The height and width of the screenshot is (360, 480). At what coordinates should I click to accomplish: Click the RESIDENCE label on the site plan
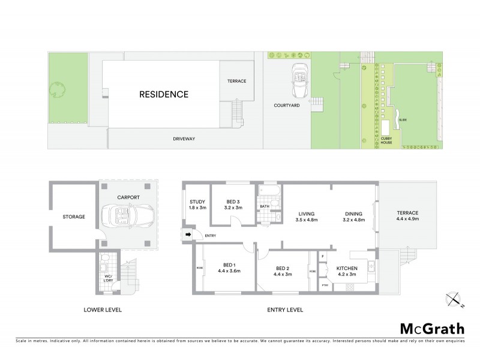164,94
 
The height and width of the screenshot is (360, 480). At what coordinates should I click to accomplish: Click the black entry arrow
188,235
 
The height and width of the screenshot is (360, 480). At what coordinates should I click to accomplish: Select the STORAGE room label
73,217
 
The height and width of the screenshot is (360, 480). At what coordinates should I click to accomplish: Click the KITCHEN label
346,268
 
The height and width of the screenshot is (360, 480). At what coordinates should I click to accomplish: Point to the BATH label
265,207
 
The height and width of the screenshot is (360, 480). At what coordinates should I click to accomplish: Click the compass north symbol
454,298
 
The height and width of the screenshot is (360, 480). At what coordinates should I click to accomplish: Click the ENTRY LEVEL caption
284,310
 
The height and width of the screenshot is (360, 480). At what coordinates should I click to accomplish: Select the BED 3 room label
234,202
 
